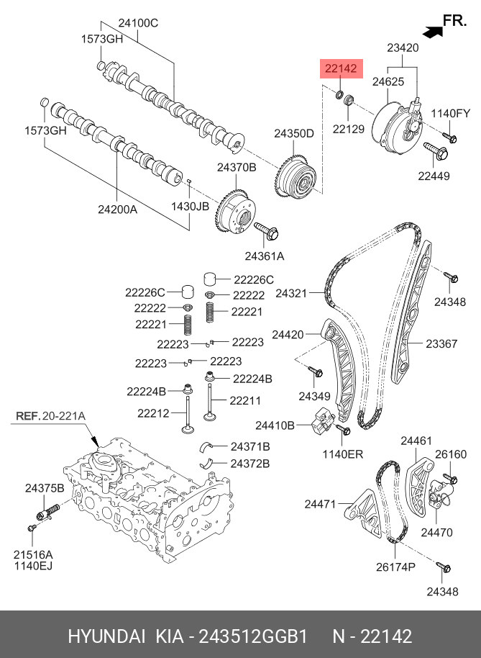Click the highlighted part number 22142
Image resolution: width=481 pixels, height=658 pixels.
342,69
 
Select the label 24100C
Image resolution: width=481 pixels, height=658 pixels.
138,23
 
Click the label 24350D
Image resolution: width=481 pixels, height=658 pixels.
293,133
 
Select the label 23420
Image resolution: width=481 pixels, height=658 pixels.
402,48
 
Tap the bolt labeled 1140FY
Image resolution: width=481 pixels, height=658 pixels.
449,137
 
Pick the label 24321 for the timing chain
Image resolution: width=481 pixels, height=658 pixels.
291,294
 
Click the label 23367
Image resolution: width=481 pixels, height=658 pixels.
441,344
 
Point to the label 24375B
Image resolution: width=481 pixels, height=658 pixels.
45,488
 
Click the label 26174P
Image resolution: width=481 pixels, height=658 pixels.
395,567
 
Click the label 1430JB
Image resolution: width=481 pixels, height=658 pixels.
191,205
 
